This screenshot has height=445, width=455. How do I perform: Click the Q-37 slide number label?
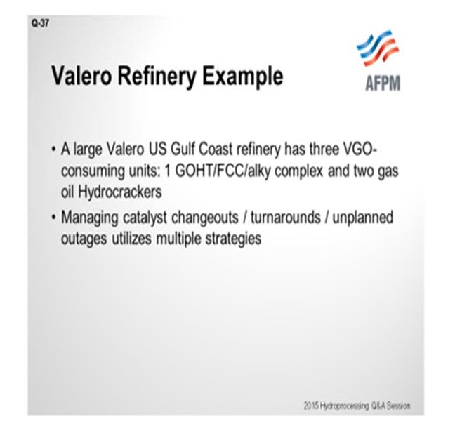point(40,23)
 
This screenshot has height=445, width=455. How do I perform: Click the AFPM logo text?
point(383,83)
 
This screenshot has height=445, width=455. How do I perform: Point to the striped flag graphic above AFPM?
point(378,48)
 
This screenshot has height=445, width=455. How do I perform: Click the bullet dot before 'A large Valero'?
point(53,150)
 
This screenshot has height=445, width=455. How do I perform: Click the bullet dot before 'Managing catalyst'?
point(53,218)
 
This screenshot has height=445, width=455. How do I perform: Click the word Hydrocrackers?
point(120,192)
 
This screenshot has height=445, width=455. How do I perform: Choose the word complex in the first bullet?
point(298,171)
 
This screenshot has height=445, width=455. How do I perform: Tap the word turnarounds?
point(286,218)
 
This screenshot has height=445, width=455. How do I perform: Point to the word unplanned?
point(363,218)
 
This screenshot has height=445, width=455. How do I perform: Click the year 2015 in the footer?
point(309,405)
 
